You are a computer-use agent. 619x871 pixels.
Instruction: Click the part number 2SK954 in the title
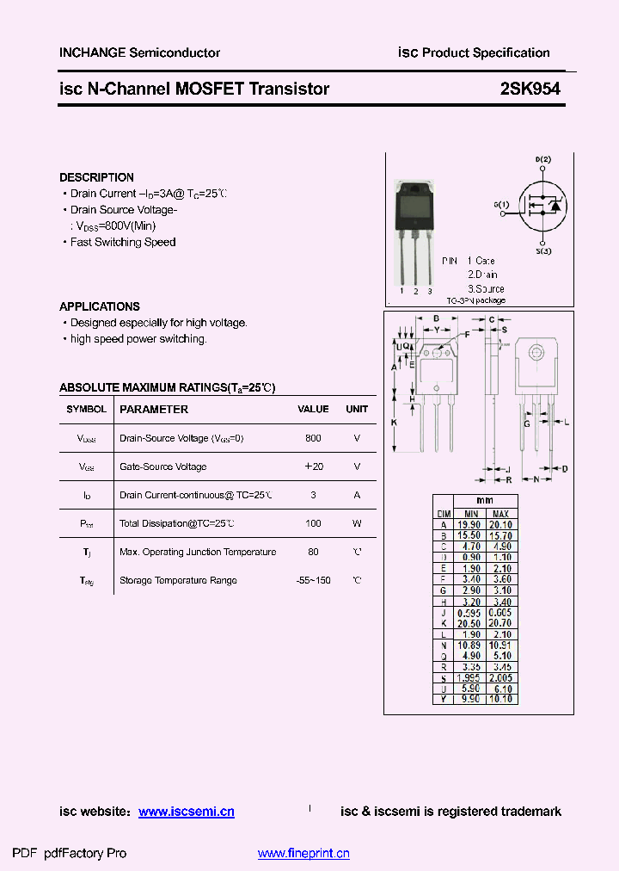click(530, 89)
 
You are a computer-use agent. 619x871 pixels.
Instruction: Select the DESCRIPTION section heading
click(96, 177)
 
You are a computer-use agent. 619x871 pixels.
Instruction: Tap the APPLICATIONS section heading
click(100, 306)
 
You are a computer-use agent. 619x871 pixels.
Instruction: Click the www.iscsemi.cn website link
click(186, 812)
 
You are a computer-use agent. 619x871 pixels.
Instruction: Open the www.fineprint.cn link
click(303, 854)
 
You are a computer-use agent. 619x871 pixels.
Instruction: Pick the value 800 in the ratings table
click(313, 438)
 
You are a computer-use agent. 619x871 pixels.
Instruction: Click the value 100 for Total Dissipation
click(313, 523)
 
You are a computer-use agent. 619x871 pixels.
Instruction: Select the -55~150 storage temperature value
click(313, 580)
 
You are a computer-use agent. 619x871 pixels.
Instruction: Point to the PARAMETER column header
click(154, 410)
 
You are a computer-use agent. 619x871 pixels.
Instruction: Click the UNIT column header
click(357, 410)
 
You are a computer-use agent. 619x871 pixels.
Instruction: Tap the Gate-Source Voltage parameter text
click(163, 466)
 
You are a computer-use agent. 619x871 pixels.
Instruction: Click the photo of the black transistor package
click(414, 211)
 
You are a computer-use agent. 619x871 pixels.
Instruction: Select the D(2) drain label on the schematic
click(542, 160)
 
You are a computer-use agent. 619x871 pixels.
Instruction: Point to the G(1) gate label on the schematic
click(501, 205)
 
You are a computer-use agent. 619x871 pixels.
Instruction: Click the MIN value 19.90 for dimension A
click(469, 524)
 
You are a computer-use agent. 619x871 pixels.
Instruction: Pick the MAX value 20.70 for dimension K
click(500, 621)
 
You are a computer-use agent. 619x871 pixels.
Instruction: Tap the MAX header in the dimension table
click(500, 513)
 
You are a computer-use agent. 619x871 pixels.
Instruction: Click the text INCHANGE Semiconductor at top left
click(139, 53)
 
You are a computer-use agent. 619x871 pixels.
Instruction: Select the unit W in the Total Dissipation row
click(357, 523)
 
